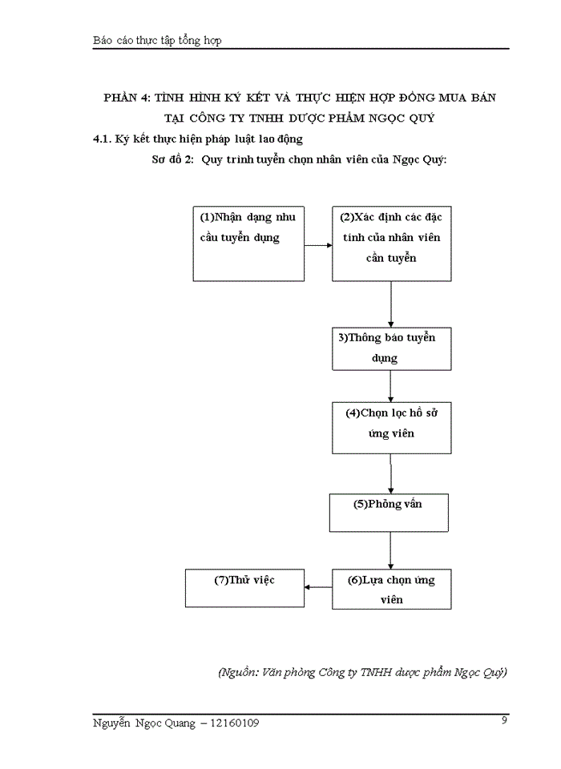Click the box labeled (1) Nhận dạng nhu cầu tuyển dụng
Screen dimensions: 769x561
pyautogui.click(x=248, y=244)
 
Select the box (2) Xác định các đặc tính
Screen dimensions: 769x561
pyautogui.click(x=390, y=244)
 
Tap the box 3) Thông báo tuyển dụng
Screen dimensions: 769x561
pyautogui.click(x=390, y=348)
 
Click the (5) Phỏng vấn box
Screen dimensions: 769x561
pyautogui.click(x=389, y=513)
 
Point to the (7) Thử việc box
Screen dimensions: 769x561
pyautogui.click(x=244, y=588)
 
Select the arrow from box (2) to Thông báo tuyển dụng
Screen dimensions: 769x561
pyautogui.click(x=390, y=304)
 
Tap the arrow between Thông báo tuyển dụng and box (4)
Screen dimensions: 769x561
pyautogui.click(x=390, y=385)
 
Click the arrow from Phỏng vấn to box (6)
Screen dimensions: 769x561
pyautogui.click(x=390, y=550)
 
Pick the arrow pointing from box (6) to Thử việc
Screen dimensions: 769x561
pyautogui.click(x=318, y=588)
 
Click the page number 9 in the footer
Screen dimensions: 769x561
pyautogui.click(x=504, y=720)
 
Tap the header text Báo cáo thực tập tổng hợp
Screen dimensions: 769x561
pyautogui.click(x=157, y=41)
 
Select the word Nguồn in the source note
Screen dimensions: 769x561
pyautogui.click(x=239, y=672)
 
